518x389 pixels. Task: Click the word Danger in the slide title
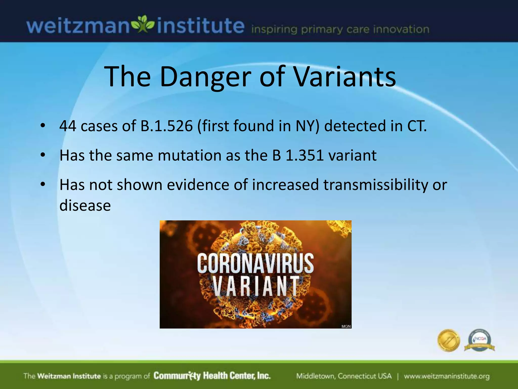pos(205,77)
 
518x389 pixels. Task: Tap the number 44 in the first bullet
pos(68,126)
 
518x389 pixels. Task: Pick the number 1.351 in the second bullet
pos(305,155)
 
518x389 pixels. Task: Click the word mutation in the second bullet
pos(190,155)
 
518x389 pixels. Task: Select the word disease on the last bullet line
pos(85,205)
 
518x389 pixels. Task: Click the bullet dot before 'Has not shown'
pos(43,184)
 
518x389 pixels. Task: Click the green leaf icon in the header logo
pos(143,24)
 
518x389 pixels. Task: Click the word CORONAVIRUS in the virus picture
pos(255,264)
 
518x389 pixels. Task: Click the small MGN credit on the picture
pos(346,326)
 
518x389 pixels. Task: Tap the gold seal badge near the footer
pos(449,340)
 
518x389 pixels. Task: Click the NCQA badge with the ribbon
pos(480,340)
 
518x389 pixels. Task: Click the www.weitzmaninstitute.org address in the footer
pos(447,376)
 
